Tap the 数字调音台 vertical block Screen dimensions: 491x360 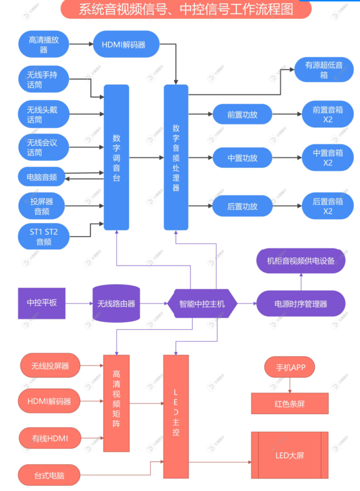pyautogui.click(x=116, y=157)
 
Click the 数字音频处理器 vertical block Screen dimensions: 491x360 pyautogui.click(x=176, y=157)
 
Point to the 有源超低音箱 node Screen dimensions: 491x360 pyautogui.click(x=324, y=70)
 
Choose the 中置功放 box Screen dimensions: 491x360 pyautogui.click(x=242, y=158)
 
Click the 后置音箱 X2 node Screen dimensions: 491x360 pyautogui.click(x=328, y=206)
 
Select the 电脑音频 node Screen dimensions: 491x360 pyautogui.click(x=42, y=177)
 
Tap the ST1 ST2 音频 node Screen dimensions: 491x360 pyautogui.click(x=44, y=237)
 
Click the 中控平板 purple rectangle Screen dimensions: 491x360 pyautogui.click(x=42, y=303)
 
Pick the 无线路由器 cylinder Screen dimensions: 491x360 pyautogui.click(x=116, y=304)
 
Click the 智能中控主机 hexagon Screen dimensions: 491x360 pyautogui.click(x=202, y=304)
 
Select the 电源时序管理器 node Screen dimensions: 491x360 pyautogui.click(x=300, y=304)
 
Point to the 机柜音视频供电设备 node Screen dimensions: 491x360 pyautogui.click(x=300, y=261)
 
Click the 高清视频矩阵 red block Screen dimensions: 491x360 pyautogui.click(x=116, y=403)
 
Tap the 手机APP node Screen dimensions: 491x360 pyautogui.click(x=289, y=368)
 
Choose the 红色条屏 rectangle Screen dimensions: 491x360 pyautogui.click(x=289, y=403)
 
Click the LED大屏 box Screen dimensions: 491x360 pyautogui.click(x=289, y=455)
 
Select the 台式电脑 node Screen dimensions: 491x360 pyautogui.click(x=49, y=475)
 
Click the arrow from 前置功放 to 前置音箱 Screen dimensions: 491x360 pyautogui.click(x=287, y=114)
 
